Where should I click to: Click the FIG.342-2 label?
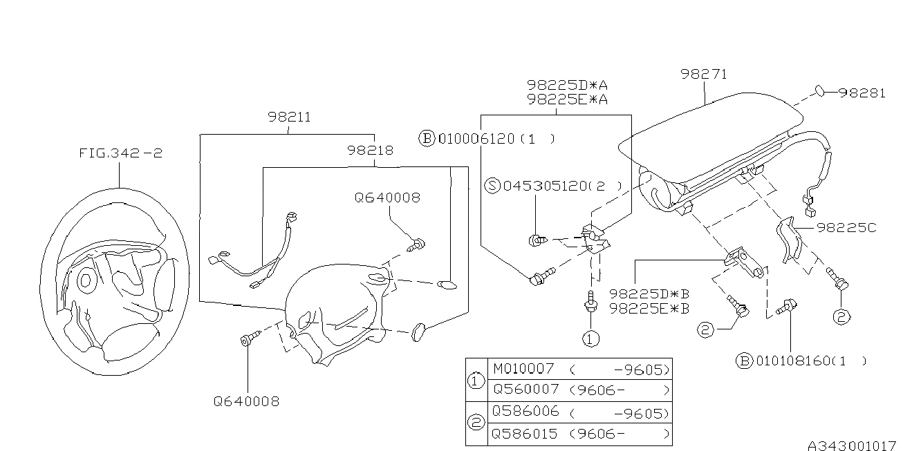coord(120,153)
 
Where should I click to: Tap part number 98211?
coord(289,117)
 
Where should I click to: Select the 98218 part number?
coord(371,150)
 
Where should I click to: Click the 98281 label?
coord(862,93)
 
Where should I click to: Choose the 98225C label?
coord(846,227)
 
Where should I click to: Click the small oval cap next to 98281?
coord(819,90)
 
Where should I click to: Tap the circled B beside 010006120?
coord(427,139)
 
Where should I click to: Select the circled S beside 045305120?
coord(492,186)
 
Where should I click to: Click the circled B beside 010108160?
coord(744,361)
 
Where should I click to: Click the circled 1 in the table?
coord(476,379)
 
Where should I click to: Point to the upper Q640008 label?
coord(387,198)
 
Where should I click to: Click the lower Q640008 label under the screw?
coord(247,401)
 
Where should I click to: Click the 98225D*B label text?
coord(649,294)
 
